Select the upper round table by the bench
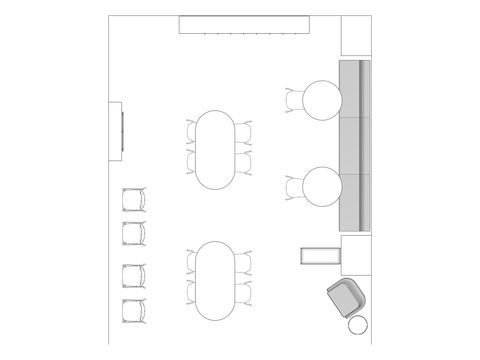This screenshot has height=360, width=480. pos(322,100)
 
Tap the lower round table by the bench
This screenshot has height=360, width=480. pos(322,187)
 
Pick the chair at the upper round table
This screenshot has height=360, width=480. pos(294,100)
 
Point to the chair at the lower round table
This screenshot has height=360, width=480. pos(294,187)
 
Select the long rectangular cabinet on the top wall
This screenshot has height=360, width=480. pos(242,25)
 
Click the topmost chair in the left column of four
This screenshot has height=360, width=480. pos(133,200)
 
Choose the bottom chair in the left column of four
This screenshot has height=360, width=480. pos(133,310)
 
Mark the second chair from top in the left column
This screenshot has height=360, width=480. pos(133,235)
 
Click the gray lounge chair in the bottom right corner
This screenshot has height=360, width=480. pos(346,298)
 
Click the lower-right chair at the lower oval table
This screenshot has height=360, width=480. pos(244,293)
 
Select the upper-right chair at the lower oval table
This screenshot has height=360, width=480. pos(244,263)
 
